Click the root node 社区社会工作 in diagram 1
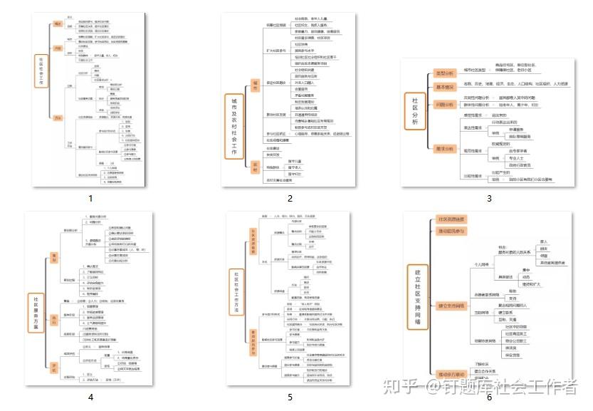pyautogui.click(x=41, y=71)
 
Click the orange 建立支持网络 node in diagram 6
pyautogui.click(x=451, y=306)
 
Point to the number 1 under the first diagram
pyautogui.click(x=90, y=199)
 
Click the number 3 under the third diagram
pyautogui.click(x=489, y=199)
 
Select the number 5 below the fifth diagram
pyautogui.click(x=290, y=397)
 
